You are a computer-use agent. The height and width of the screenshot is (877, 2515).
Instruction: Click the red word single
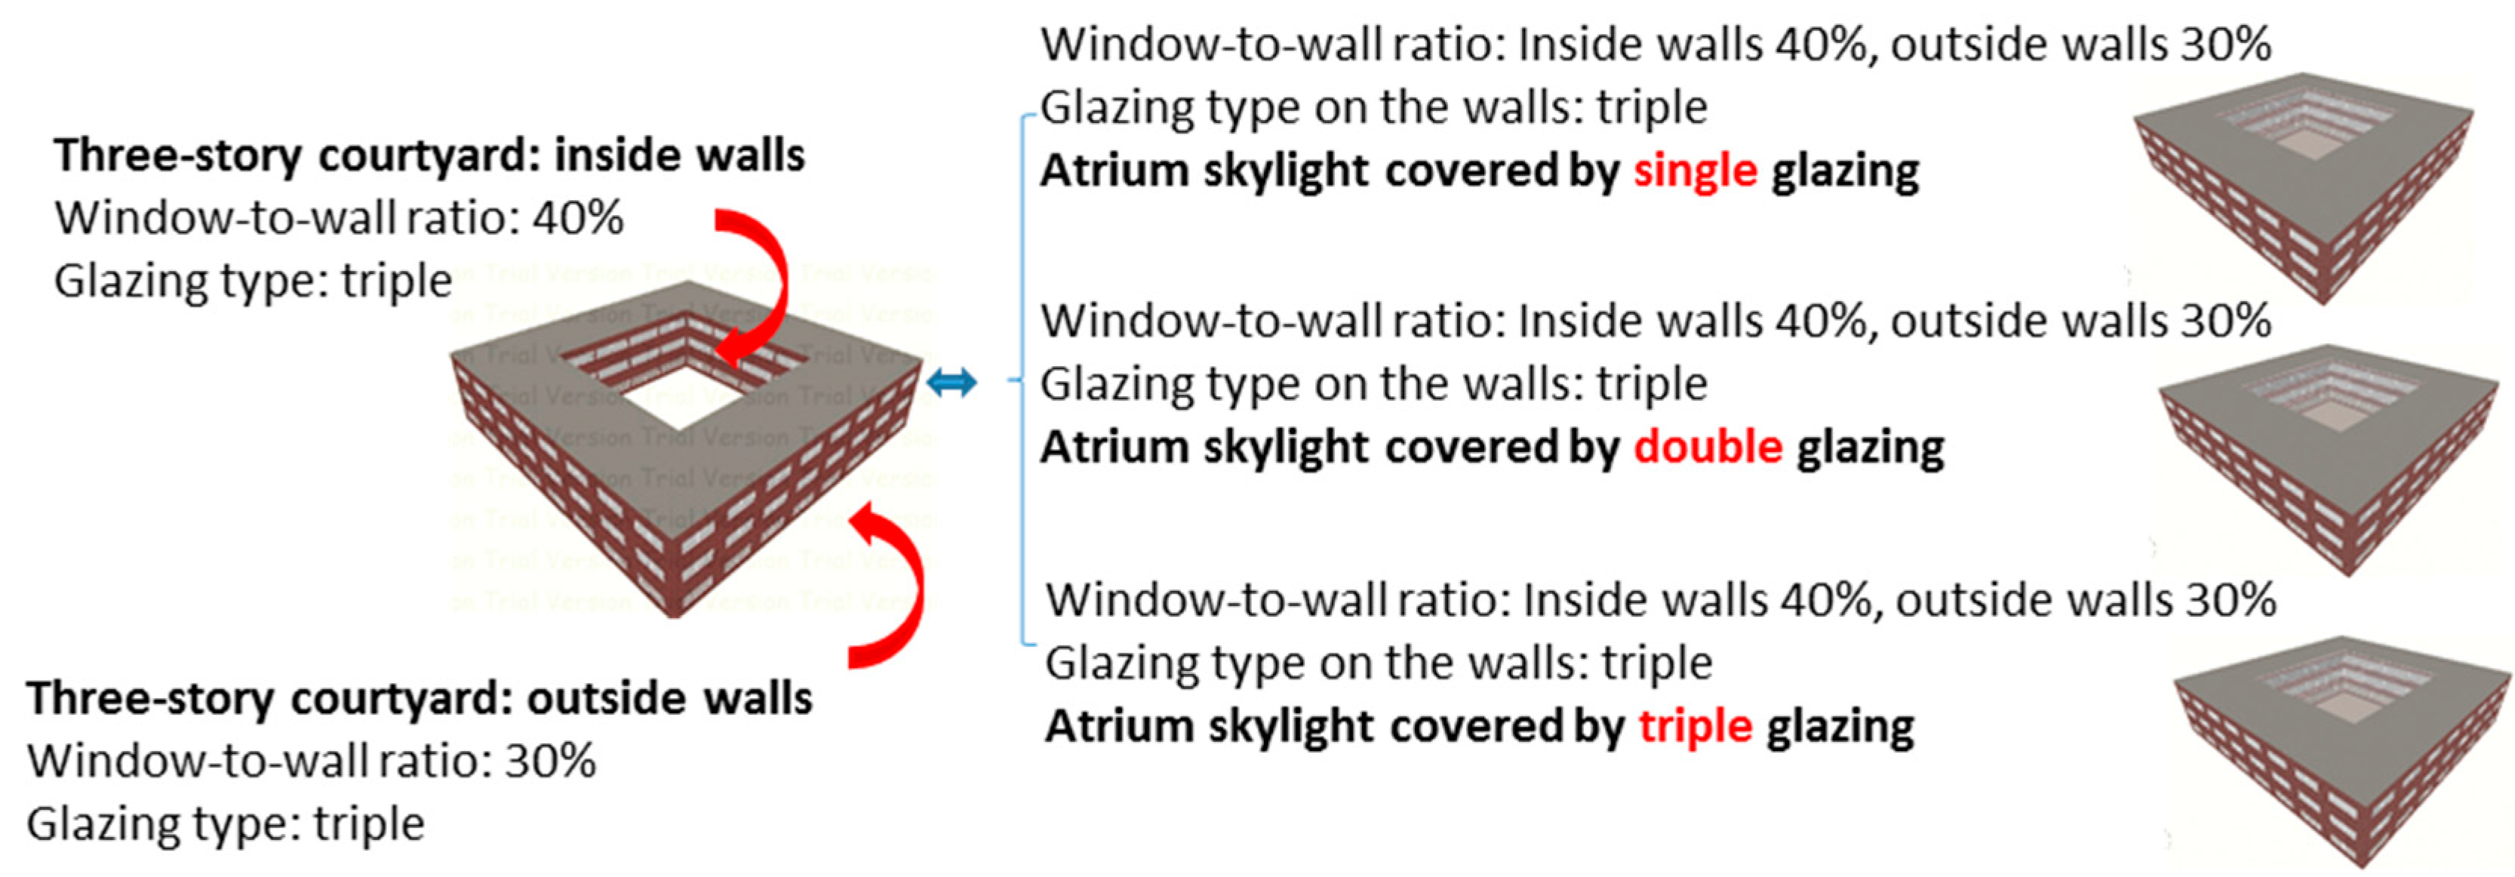tap(1695, 171)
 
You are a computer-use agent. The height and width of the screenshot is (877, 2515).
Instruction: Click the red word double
tap(1708, 448)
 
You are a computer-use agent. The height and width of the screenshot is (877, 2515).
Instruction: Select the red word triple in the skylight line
tap(1695, 727)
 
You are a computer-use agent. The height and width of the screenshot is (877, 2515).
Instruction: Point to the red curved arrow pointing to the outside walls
tap(893, 586)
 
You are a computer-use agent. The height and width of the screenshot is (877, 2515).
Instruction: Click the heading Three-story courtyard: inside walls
tap(429, 155)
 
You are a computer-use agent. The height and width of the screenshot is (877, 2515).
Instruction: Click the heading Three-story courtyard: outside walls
tap(419, 698)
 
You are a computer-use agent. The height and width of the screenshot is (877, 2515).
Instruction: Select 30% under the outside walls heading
tap(549, 761)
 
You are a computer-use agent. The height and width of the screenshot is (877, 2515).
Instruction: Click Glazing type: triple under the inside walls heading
tap(253, 282)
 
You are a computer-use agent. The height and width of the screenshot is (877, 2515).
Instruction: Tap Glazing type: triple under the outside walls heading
tap(226, 824)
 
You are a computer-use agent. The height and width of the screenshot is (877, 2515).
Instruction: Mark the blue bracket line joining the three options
tap(1022, 381)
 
